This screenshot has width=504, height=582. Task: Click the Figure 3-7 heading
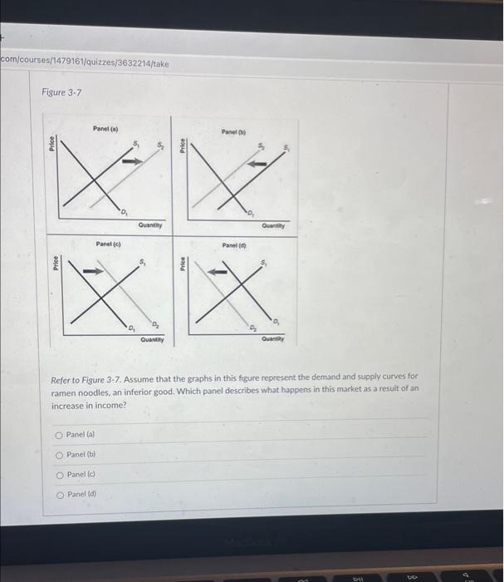tap(61, 91)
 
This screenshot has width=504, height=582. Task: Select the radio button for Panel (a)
tap(58, 434)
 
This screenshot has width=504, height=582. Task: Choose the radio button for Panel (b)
tap(58, 454)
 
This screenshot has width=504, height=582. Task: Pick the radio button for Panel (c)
tap(58, 475)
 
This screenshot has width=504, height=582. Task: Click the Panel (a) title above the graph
tap(105, 128)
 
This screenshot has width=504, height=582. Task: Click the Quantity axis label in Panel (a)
tap(150, 224)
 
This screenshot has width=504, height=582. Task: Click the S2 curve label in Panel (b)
tap(259, 148)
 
